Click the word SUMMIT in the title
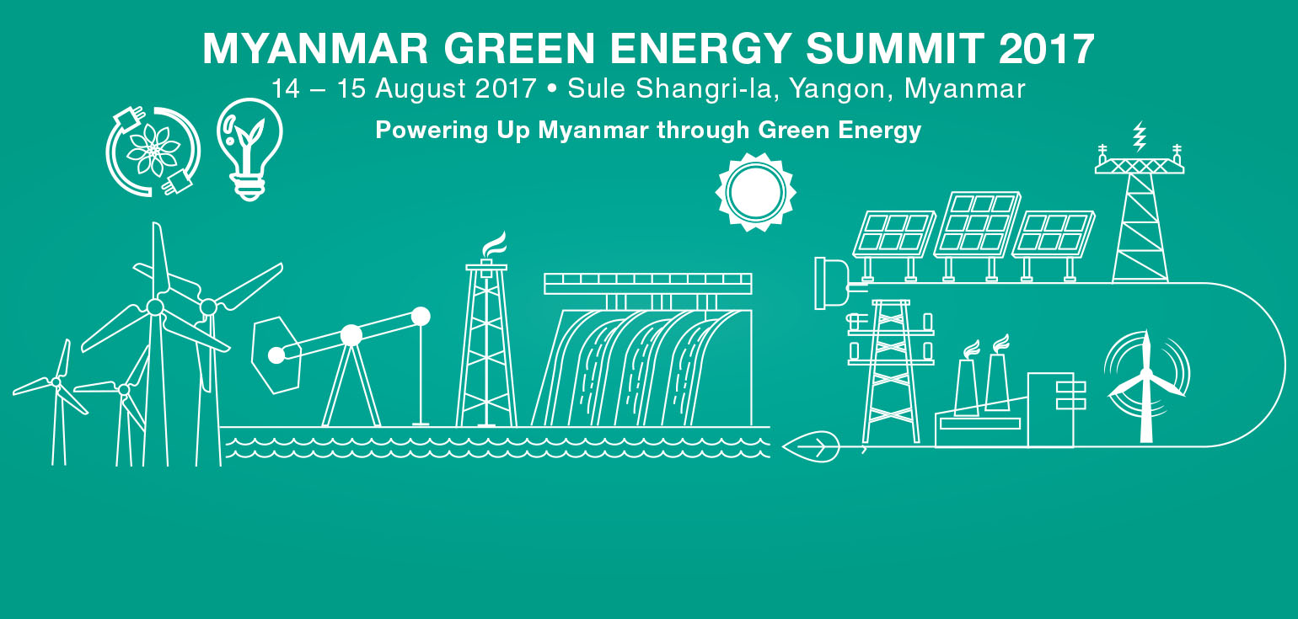coord(895,48)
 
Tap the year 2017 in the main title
coord(1047,48)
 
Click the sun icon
coord(755,192)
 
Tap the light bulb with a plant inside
coord(249,149)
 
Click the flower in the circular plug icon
coord(153,149)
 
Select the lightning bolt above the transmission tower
coord(1140,136)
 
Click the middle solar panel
coord(978,224)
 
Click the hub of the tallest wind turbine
coord(155,307)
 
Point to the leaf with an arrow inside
coord(811,447)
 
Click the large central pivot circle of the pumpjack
coord(351,335)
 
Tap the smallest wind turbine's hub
coord(56,382)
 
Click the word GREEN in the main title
coord(520,48)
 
